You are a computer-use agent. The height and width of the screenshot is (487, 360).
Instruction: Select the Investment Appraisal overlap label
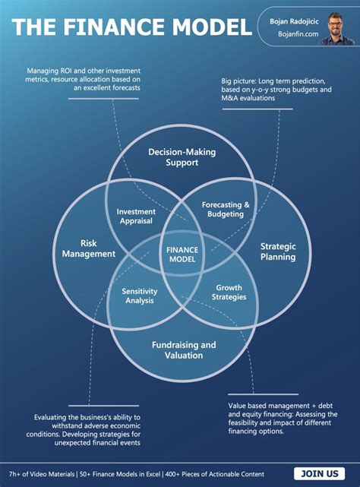tap(137, 216)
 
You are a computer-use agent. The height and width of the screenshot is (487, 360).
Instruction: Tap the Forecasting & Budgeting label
tap(226, 210)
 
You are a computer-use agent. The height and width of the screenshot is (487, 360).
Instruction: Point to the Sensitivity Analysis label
tap(139, 295)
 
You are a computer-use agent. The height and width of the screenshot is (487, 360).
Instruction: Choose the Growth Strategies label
tap(229, 293)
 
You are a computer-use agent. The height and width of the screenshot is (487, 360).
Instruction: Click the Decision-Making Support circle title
tap(182, 157)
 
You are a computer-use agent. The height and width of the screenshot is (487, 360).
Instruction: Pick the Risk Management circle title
tap(88, 248)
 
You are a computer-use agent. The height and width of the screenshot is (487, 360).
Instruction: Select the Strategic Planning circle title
tap(278, 251)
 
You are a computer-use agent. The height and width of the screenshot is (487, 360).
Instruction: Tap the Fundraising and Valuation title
tap(182, 349)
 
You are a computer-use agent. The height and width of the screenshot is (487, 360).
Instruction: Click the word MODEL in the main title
tap(207, 27)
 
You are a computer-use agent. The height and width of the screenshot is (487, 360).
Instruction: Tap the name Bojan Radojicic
tap(294, 21)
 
